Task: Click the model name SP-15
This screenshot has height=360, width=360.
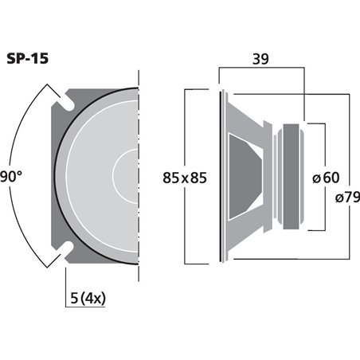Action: [x=28, y=60]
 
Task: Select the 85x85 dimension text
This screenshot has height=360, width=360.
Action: [x=184, y=178]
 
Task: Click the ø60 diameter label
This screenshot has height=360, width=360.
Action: [x=328, y=178]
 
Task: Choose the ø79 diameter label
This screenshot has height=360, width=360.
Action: [x=344, y=198]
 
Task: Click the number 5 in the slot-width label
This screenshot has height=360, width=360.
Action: [x=73, y=299]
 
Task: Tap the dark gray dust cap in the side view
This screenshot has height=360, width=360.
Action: [x=243, y=177]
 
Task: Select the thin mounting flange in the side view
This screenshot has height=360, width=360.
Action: [x=221, y=177]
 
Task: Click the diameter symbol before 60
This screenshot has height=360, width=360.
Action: [x=319, y=178]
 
